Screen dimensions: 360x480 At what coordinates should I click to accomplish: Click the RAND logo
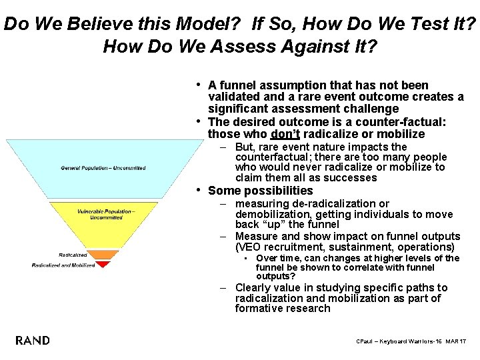33,341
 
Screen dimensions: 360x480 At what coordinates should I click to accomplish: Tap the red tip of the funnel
103,264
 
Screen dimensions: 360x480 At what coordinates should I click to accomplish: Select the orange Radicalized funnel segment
103,255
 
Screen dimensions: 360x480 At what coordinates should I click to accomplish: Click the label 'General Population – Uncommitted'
103,167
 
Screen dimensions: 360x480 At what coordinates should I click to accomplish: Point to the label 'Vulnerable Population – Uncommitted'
106,214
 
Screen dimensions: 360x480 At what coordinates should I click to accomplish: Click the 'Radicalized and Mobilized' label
63,265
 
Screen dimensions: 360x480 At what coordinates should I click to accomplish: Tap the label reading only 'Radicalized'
73,255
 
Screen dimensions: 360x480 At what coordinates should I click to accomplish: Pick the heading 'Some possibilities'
261,191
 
